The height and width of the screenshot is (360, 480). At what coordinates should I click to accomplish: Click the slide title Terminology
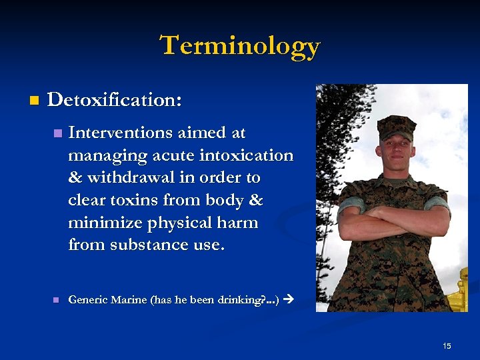pyautogui.click(x=240, y=46)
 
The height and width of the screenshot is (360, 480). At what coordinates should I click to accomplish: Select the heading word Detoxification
pyautogui.click(x=114, y=100)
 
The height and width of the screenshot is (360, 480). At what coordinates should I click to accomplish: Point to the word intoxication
pyautogui.click(x=251, y=155)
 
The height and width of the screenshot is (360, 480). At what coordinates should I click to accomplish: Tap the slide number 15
pyautogui.click(x=447, y=345)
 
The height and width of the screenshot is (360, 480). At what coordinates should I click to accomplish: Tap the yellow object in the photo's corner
pyautogui.click(x=460, y=293)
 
